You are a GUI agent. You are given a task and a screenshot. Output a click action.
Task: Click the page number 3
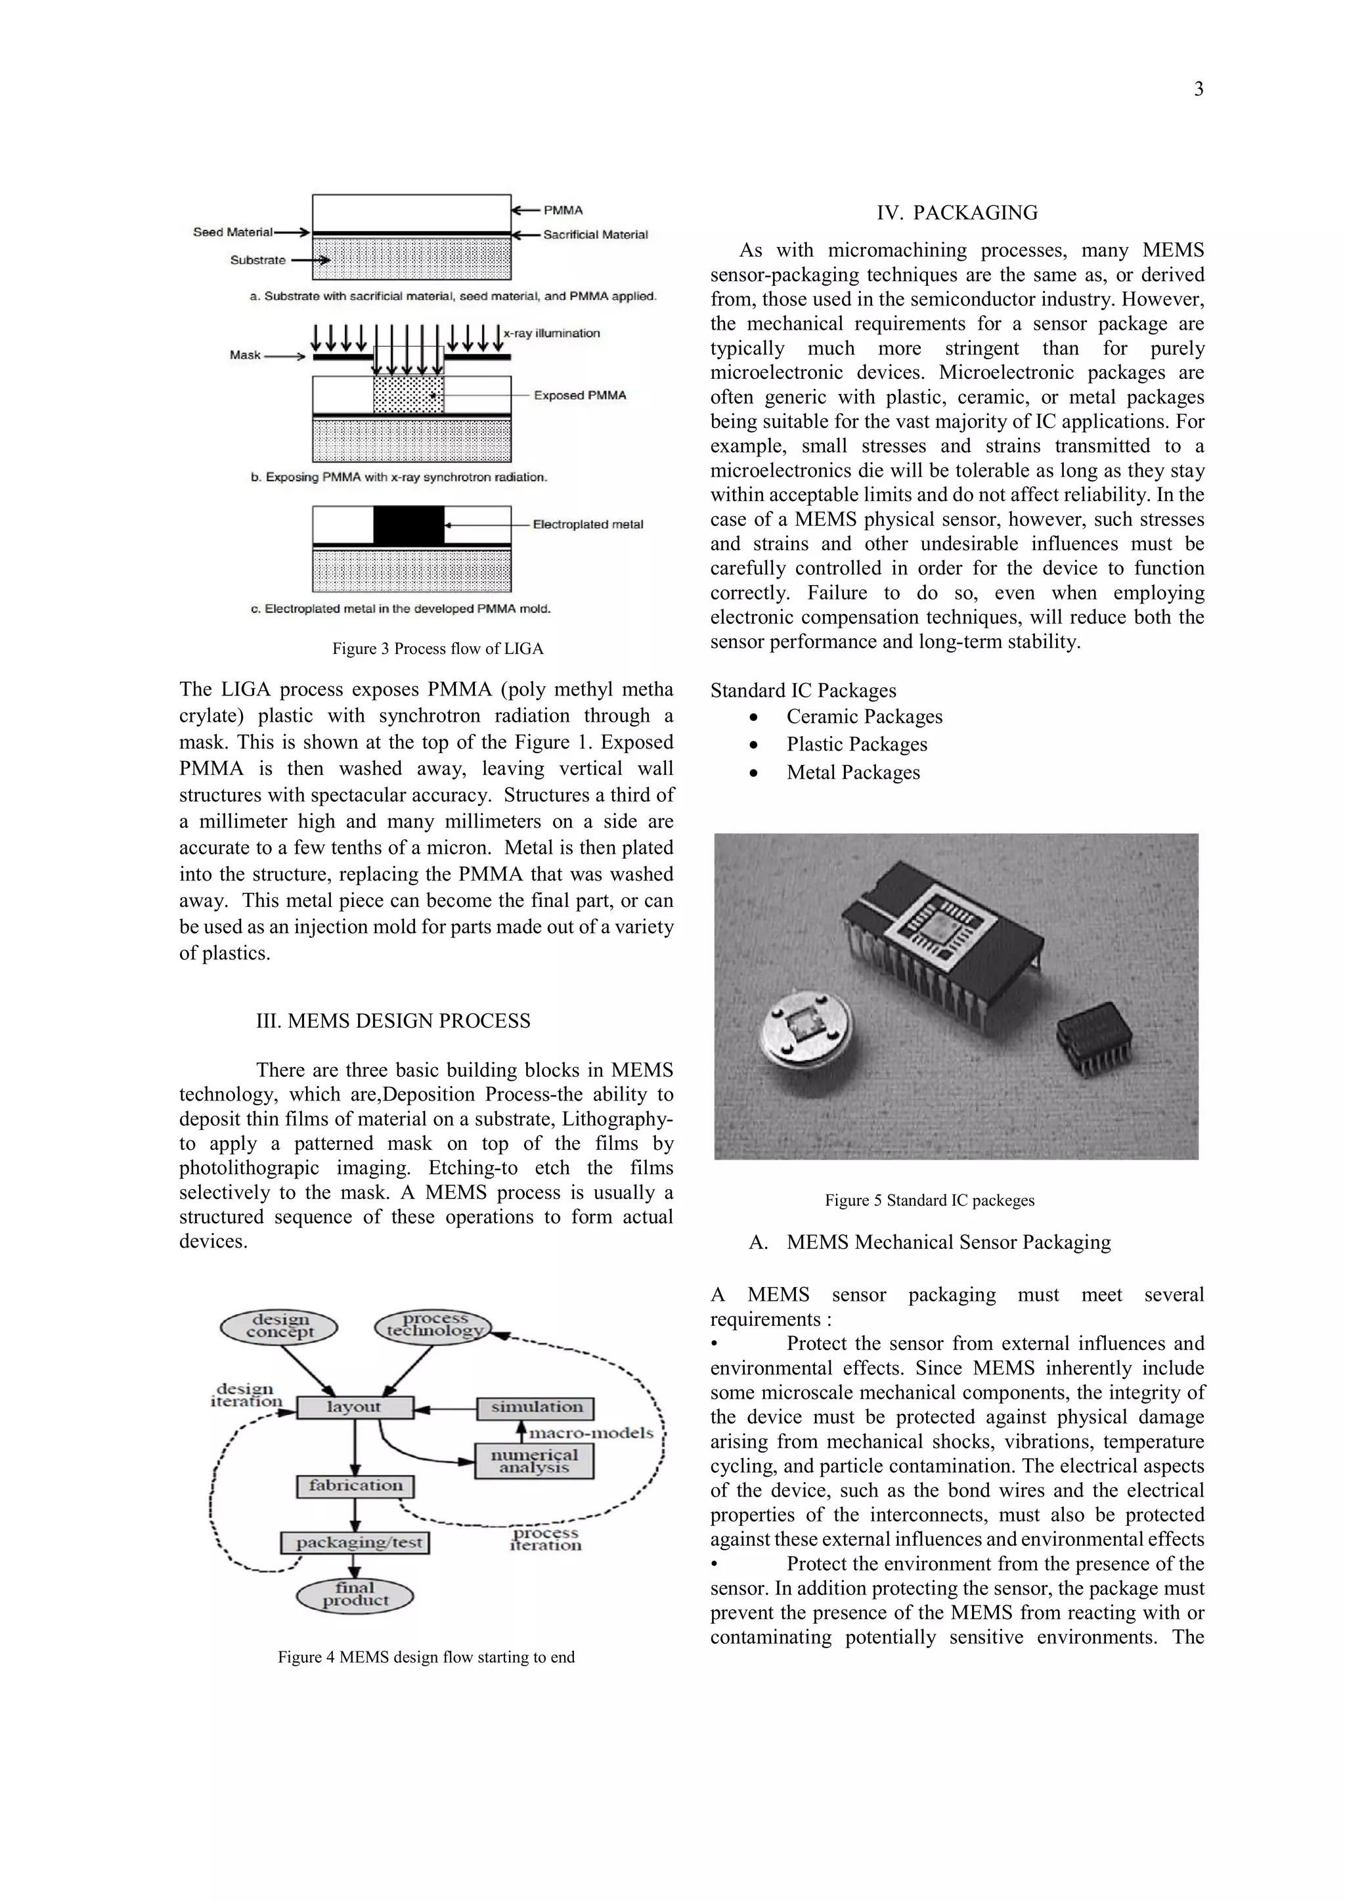(x=1198, y=89)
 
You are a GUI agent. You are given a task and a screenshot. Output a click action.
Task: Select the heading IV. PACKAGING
(x=957, y=213)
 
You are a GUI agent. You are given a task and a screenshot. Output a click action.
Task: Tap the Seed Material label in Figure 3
(x=232, y=232)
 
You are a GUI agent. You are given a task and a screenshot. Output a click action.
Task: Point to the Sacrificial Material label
(x=594, y=234)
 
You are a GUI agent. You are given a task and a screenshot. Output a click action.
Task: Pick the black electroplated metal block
(x=408, y=525)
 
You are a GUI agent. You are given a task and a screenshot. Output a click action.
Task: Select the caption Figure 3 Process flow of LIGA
(x=437, y=648)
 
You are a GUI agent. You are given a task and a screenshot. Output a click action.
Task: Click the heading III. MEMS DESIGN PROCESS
(x=393, y=1021)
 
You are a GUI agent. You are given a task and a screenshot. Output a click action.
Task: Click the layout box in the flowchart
(x=355, y=1407)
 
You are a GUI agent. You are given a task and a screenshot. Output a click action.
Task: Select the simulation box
(x=536, y=1407)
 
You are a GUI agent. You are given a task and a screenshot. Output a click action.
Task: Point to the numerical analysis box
(x=534, y=1460)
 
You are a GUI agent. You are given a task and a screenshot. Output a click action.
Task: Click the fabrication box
(x=355, y=1485)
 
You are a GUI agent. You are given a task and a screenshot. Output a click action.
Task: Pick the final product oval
(x=355, y=1594)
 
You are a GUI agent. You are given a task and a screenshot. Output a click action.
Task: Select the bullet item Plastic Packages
(x=856, y=745)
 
